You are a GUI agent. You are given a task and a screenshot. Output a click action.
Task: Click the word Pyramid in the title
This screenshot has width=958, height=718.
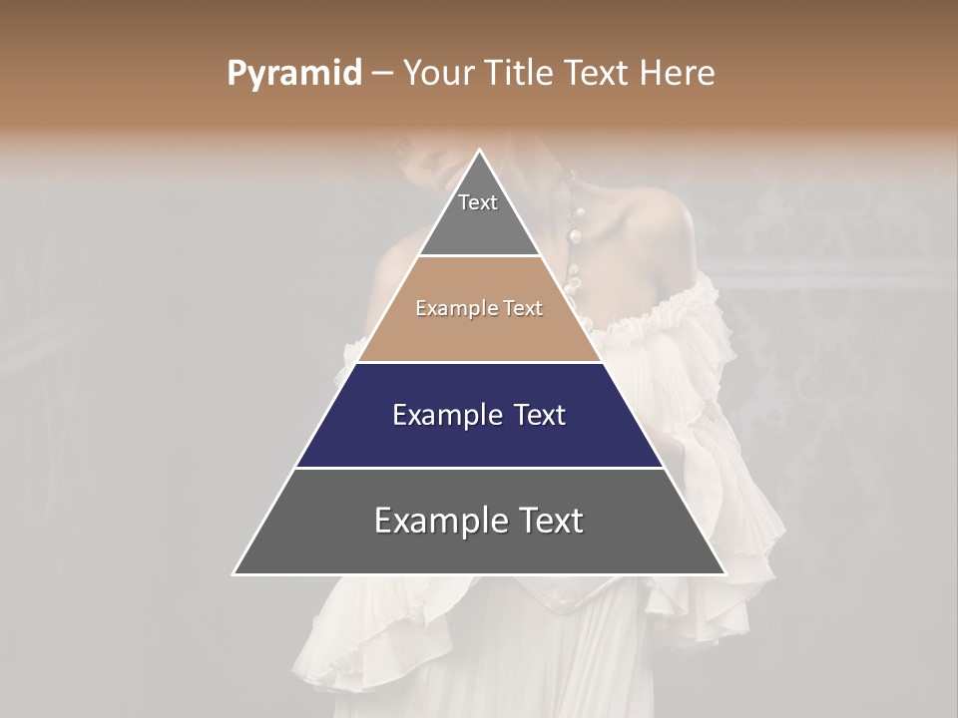click(x=293, y=74)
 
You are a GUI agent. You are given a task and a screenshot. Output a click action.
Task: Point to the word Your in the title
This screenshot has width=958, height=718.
click(x=436, y=74)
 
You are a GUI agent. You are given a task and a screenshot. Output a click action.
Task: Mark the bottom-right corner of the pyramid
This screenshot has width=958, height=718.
click(x=724, y=573)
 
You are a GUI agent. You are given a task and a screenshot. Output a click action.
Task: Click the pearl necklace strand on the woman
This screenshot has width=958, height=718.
click(x=575, y=249)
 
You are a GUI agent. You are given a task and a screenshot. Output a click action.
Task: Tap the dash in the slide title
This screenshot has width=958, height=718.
click(x=382, y=74)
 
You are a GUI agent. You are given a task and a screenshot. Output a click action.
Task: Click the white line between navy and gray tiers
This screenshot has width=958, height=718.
click(x=479, y=468)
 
